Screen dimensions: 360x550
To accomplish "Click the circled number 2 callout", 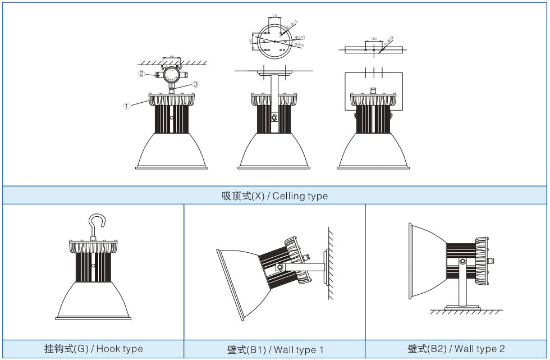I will (x=142, y=74).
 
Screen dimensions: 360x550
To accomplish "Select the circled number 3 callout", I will (x=195, y=84).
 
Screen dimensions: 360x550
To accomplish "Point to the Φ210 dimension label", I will (x=299, y=38).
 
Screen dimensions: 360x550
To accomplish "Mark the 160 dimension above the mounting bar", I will (x=373, y=40).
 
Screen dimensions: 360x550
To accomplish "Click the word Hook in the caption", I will (x=107, y=349).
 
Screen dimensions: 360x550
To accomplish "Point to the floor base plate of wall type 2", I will (x=463, y=307).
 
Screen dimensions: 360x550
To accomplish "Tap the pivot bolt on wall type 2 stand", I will (x=462, y=261).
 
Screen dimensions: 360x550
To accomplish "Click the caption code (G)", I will (x=82, y=349).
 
